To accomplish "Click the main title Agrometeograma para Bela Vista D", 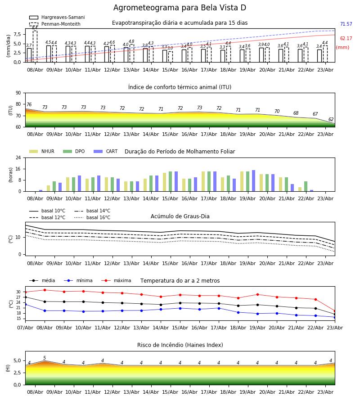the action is pos(180,8).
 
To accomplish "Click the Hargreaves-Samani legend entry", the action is pos(57,17).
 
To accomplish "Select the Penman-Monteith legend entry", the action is pos(55,24).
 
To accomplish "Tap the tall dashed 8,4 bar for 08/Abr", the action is pos(35,46).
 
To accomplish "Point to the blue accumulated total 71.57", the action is pos(346,24).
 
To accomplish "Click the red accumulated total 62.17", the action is pos(346,39).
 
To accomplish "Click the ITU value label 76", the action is pos(29,104).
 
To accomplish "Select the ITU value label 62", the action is pos(331,119).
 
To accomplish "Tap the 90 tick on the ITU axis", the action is pos(18,93).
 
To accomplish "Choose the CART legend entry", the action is pos(106,151).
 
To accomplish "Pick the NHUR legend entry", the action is pos(42,151).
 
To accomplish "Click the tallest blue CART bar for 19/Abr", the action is pos(254,181).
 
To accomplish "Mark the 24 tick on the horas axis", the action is pos(18,157).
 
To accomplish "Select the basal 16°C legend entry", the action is pos(92,217).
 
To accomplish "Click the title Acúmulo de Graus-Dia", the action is pos(180,216).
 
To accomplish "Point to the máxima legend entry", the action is pos(117,280).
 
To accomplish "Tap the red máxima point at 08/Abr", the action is pos(45,290).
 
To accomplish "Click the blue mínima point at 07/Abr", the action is pos(25,305).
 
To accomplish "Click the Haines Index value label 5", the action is pos(45,358).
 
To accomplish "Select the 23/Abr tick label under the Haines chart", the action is pos(325,392).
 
